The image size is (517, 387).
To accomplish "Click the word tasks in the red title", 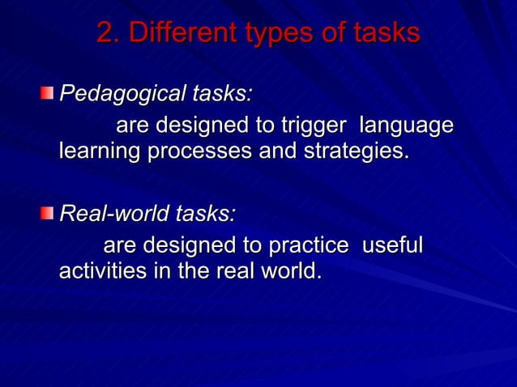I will pos(387,33).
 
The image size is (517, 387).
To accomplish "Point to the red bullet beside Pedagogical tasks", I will pos(49,95).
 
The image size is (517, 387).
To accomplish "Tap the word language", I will pos(406,127).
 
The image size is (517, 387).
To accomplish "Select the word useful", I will pos(392,245).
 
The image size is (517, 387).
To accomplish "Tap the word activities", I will pos(101,270).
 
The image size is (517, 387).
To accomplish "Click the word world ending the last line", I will pos(288,270).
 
